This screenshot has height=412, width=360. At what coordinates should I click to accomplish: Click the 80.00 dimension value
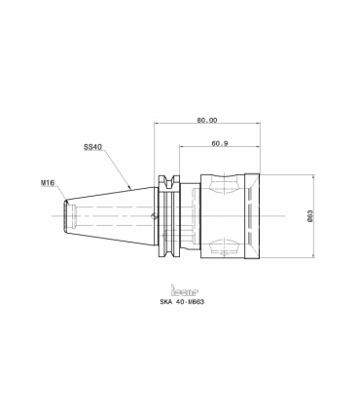tap(207, 120)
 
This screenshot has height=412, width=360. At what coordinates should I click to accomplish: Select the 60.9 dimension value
tap(220, 143)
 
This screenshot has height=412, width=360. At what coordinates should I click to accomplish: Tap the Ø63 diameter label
tap(309, 216)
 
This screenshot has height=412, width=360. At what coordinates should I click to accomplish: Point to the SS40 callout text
tap(92, 147)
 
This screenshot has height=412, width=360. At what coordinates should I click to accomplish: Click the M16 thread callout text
tap(48, 183)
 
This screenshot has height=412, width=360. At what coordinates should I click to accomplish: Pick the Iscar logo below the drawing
tap(185, 290)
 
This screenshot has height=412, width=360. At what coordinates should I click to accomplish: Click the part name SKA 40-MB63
tap(182, 302)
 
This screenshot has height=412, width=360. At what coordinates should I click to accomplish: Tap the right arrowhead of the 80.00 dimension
tap(258, 124)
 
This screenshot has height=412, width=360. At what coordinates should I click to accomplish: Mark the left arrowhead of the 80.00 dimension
tap(157, 124)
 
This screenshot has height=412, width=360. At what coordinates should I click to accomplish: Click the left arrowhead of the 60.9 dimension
tap(181, 147)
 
